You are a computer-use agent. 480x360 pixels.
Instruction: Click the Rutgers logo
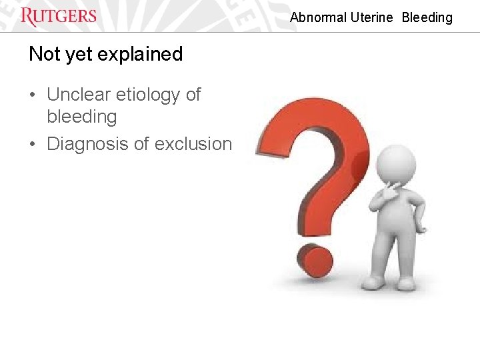(x=59, y=16)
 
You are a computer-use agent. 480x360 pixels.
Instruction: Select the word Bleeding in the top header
(x=427, y=18)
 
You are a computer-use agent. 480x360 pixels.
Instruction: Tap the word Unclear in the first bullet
(x=80, y=95)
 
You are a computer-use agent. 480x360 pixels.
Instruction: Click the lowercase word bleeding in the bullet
(x=81, y=117)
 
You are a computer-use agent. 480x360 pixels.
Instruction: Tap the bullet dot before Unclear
(x=33, y=96)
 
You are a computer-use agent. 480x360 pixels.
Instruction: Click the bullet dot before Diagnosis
(x=33, y=145)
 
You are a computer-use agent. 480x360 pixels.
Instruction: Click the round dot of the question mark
(x=315, y=262)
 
